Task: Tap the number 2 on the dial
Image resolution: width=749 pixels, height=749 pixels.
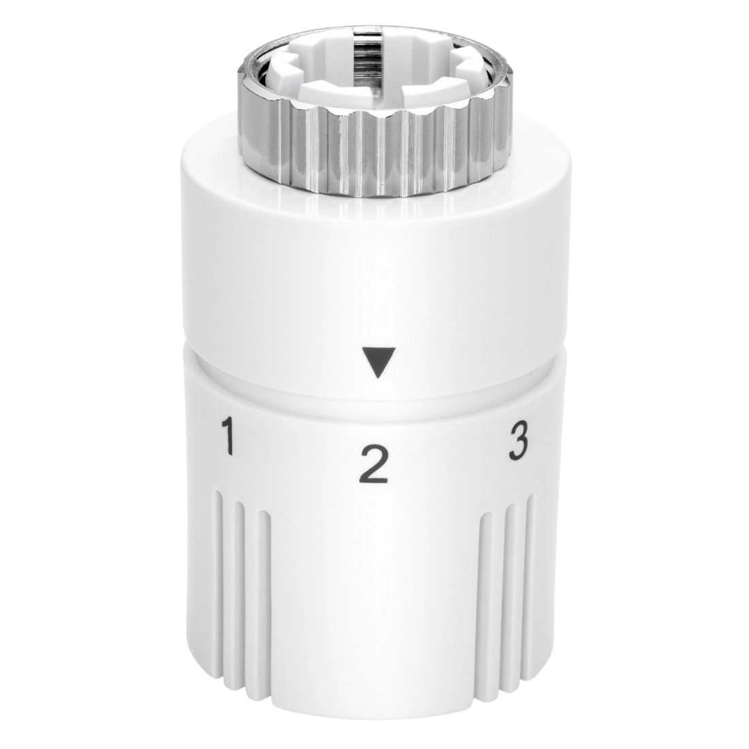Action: [x=374, y=463]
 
